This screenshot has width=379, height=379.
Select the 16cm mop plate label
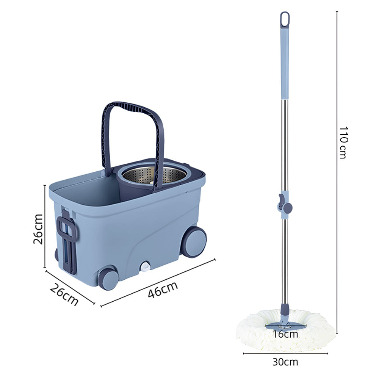click(285, 334)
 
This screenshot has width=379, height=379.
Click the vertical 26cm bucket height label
click(38, 229)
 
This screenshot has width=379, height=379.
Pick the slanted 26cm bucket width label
click(64, 294)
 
